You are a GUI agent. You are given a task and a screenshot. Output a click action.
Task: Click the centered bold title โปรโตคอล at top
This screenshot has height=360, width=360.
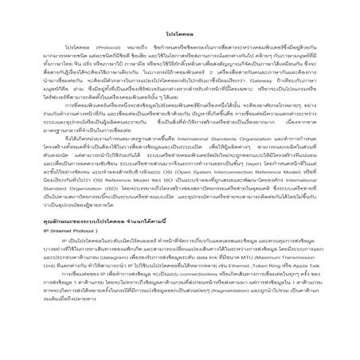click(x=180, y=36)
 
